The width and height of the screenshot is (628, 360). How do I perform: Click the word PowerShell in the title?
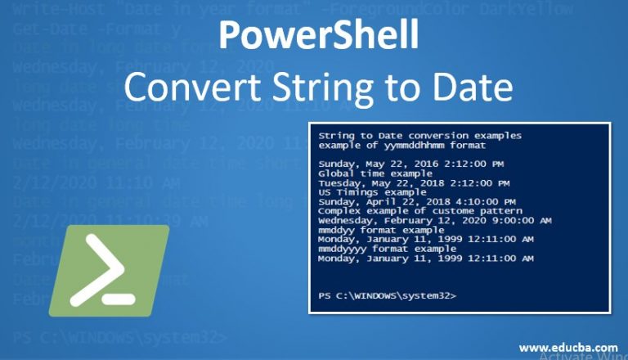tap(320, 36)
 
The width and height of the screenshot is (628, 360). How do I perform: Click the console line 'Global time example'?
tap(369, 173)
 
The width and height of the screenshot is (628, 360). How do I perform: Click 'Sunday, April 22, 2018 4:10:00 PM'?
tap(416, 201)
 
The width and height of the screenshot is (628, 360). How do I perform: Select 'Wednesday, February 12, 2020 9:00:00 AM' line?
tap(434, 220)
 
